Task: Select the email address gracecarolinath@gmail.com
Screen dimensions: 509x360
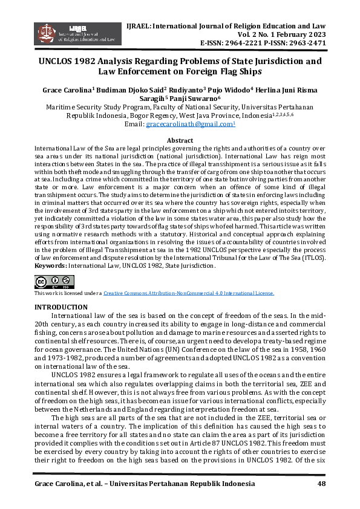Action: coord(189,123)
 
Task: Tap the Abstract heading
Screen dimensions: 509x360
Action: coord(180,140)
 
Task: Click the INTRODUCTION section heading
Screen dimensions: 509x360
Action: coord(61,308)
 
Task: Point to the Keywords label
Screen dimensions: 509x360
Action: coord(51,265)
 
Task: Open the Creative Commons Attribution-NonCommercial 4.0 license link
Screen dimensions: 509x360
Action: coord(189,293)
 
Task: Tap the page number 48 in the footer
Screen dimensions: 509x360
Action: coord(321,485)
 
